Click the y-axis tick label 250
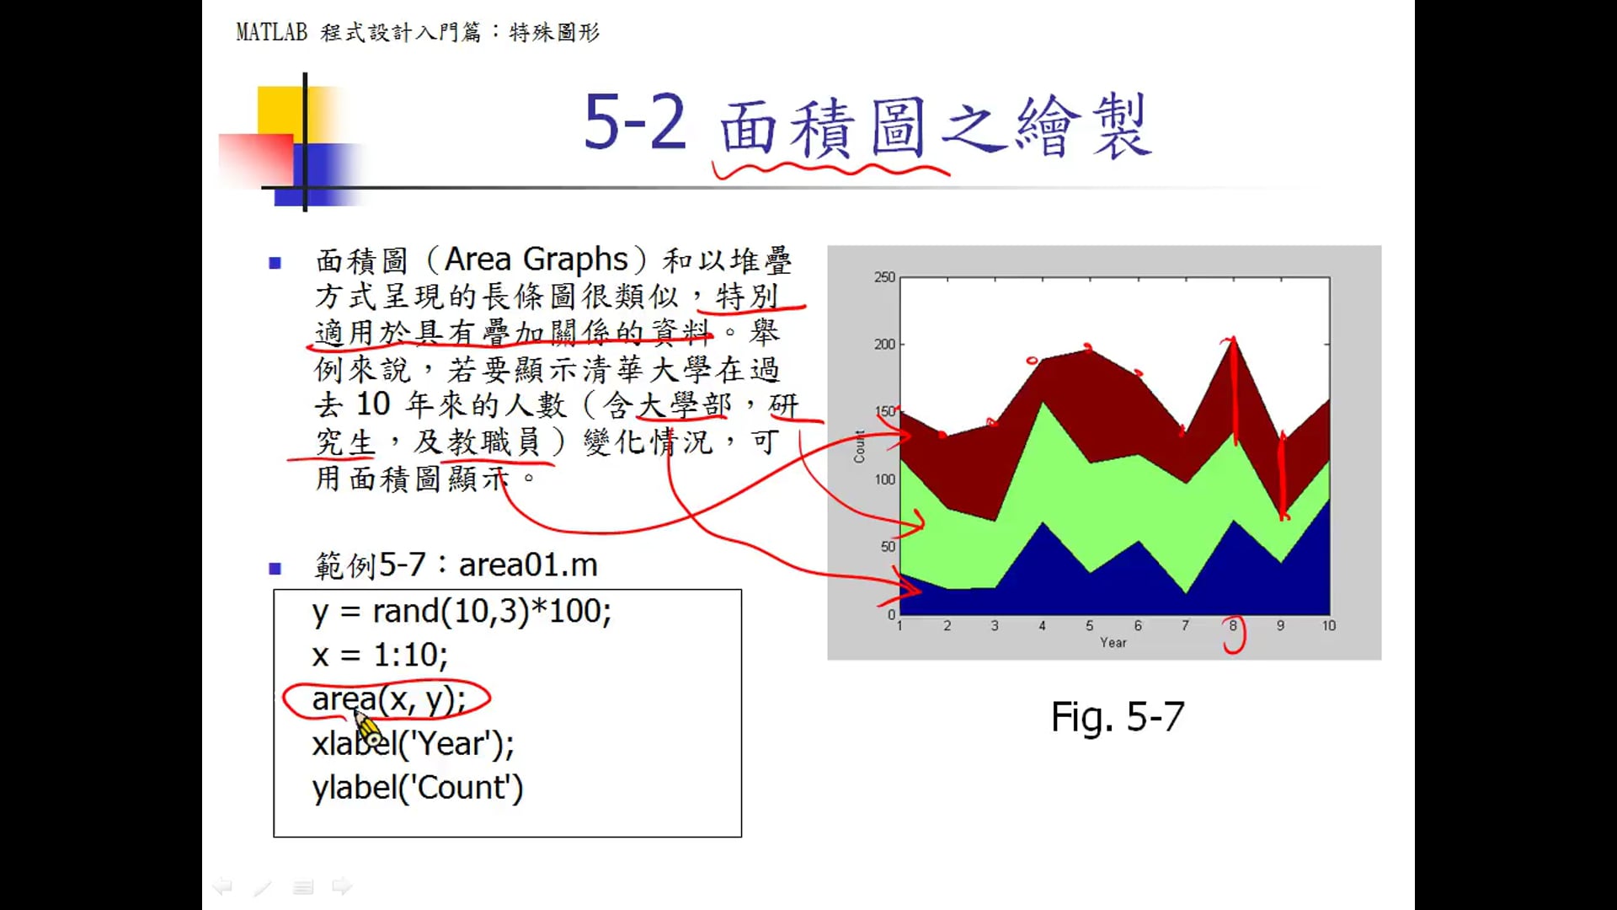[884, 277]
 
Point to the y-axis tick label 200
[884, 344]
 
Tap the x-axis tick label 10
[1329, 625]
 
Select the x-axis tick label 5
[1090, 625]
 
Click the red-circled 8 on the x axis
[1233, 625]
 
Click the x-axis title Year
[1113, 642]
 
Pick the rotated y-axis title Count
[860, 447]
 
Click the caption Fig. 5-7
[1118, 717]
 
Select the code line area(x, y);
[388, 699]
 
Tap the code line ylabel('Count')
[418, 788]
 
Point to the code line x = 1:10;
[380, 655]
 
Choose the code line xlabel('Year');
[413, 743]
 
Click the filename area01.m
[528, 565]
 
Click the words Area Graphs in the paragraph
[536, 260]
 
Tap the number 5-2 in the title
[636, 122]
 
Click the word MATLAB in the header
[272, 32]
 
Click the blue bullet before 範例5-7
[275, 568]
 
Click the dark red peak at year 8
[1233, 340]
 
